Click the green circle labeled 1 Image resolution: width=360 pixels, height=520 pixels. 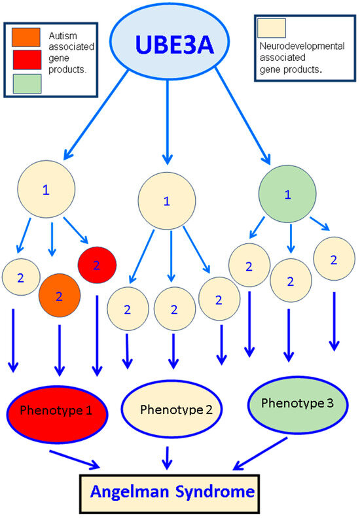point(285,195)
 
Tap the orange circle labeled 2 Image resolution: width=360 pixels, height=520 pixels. point(59,296)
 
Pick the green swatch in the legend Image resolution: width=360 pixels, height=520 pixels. point(24,83)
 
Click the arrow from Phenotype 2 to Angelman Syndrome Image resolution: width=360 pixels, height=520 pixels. point(168,457)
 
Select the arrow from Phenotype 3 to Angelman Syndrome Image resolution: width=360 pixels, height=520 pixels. point(261,452)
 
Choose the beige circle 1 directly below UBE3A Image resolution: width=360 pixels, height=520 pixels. point(166,201)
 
